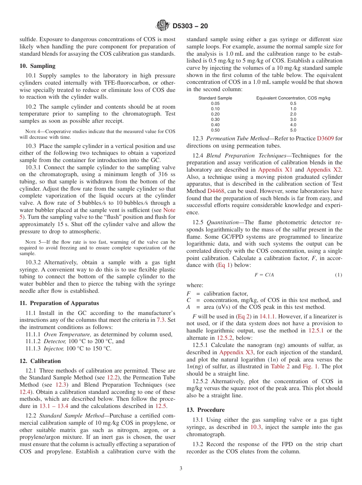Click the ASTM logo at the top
coord(163,26)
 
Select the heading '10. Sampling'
coord(37,66)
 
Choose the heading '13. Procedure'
coord(205,410)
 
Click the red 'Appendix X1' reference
coord(275,170)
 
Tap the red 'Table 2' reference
coord(280,366)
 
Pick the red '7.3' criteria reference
coord(161,320)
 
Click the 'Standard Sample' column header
coord(215,98)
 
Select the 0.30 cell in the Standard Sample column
coord(215,119)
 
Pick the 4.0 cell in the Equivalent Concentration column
coord(293,125)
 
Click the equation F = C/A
coord(264,275)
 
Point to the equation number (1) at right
coord(338,275)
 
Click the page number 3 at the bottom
coord(181,469)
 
